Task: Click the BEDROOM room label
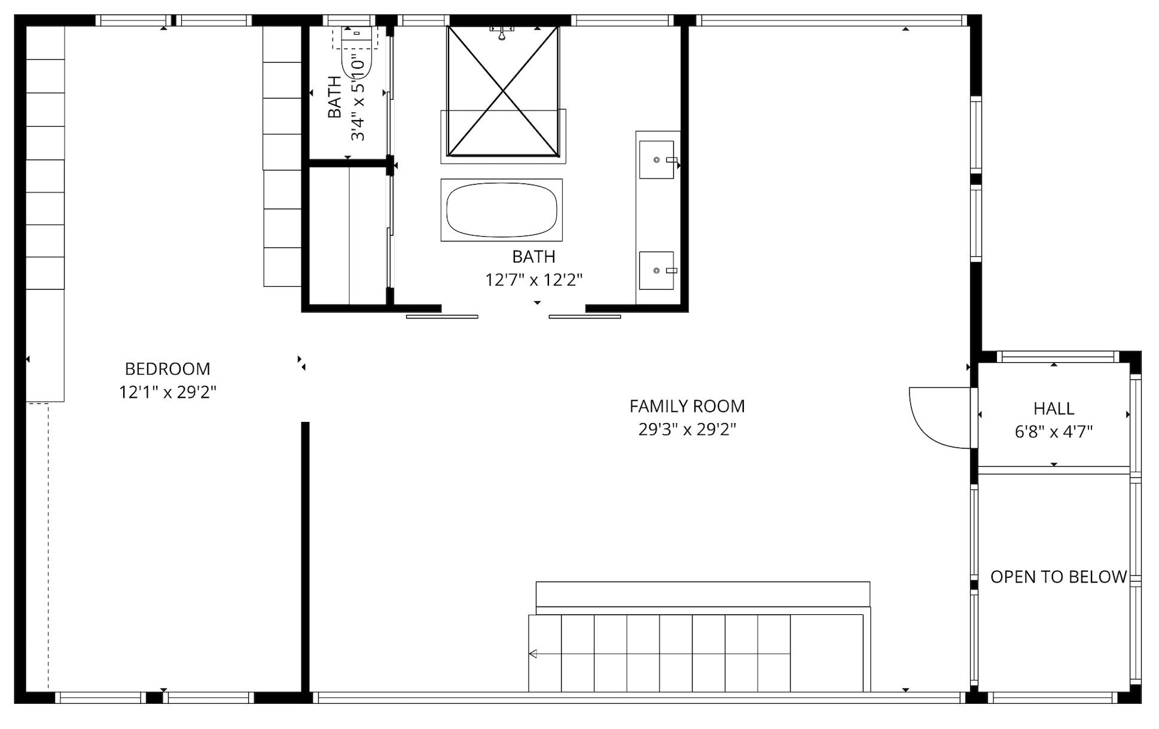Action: click(167, 369)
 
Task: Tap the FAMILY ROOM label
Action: click(687, 406)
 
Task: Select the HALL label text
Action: click(1054, 409)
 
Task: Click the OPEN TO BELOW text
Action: click(1059, 577)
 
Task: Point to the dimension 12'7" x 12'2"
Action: click(533, 280)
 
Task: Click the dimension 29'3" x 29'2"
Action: click(687, 430)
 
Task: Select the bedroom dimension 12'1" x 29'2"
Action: click(167, 393)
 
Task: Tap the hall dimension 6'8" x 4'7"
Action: click(1054, 431)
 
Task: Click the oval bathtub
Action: click(502, 210)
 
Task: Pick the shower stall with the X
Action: click(503, 91)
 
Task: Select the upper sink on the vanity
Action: click(657, 160)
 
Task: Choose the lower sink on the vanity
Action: click(657, 271)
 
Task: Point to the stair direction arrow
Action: click(533, 654)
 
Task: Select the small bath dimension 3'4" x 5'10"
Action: click(358, 99)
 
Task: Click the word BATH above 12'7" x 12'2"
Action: click(533, 257)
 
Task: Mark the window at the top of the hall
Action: click(1057, 357)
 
